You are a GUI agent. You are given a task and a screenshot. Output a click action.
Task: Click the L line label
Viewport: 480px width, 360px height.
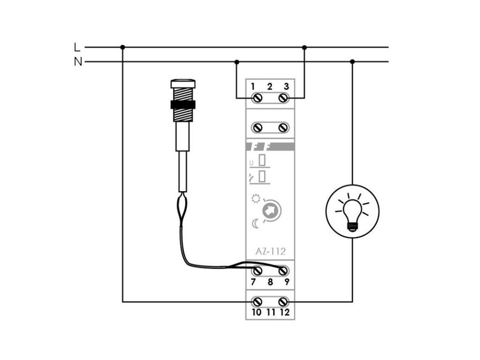coord(77,47)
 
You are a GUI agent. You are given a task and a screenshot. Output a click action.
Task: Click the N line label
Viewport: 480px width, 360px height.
coord(77,61)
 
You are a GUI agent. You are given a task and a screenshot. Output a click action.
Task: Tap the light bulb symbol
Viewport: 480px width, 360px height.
coord(352,211)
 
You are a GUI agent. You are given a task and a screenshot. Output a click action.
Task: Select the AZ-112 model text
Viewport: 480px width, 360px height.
coord(270,251)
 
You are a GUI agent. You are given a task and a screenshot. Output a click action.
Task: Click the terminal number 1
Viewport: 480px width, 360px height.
coord(253,86)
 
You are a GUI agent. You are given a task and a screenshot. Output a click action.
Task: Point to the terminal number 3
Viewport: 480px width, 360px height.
coord(286,86)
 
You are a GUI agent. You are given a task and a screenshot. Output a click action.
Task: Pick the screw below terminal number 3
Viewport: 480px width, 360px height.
coord(283,97)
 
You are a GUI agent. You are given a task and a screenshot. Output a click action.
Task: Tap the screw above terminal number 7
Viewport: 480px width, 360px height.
coord(257,271)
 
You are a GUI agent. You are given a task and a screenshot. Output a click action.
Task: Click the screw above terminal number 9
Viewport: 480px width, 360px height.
coord(283,271)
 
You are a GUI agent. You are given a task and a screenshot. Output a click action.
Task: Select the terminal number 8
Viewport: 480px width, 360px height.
coord(270,282)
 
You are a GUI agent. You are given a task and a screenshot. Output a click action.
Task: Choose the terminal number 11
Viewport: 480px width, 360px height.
coord(270,312)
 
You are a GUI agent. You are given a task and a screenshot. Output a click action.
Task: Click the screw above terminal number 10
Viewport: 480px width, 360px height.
coord(257,301)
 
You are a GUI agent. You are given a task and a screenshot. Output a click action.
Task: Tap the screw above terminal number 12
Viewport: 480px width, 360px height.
coord(283,301)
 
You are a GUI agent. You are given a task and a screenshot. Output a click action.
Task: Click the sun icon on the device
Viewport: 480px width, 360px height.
coord(255,199)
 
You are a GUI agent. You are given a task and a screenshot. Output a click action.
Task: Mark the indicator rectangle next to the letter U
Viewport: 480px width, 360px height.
coord(263,161)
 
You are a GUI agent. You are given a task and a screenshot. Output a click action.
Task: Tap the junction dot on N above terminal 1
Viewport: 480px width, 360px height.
coord(237,61)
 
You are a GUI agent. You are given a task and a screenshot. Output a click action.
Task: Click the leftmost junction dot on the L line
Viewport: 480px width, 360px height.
coord(122,47)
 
